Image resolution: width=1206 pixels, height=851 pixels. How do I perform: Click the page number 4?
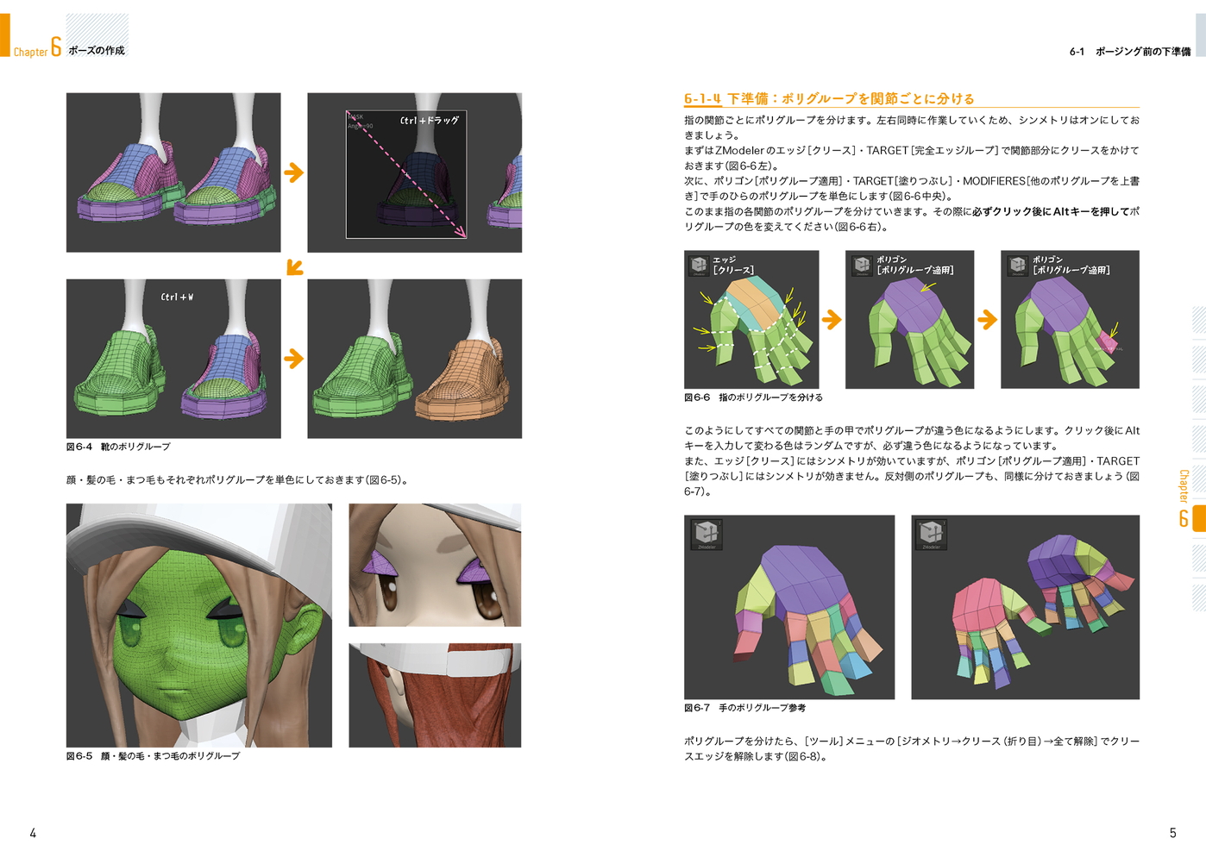click(33, 833)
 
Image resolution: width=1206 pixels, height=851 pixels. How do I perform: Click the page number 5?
click(1172, 833)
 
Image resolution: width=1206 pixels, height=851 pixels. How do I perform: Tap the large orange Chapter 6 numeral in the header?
click(56, 47)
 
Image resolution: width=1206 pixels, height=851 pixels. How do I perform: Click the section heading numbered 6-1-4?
click(829, 98)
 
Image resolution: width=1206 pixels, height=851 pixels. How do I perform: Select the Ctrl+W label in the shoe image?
click(177, 297)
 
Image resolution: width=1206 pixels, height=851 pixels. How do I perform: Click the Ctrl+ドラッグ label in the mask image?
click(429, 120)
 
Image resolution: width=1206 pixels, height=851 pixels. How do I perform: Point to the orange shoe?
click(462, 379)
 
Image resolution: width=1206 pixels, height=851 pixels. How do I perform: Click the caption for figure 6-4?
click(118, 447)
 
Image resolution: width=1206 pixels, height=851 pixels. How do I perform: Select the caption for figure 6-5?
click(153, 756)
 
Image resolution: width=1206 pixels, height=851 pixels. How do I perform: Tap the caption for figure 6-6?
click(753, 397)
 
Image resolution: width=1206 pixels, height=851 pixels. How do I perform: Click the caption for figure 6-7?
click(744, 708)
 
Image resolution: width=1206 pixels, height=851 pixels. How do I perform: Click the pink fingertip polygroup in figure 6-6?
click(1107, 341)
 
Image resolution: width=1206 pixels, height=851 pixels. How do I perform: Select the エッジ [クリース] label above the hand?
click(733, 265)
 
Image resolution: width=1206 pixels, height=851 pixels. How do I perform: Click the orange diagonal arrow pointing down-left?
click(294, 267)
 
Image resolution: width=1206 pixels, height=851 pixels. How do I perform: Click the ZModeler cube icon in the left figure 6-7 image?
click(707, 535)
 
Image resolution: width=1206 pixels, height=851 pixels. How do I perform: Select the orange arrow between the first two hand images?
click(832, 320)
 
